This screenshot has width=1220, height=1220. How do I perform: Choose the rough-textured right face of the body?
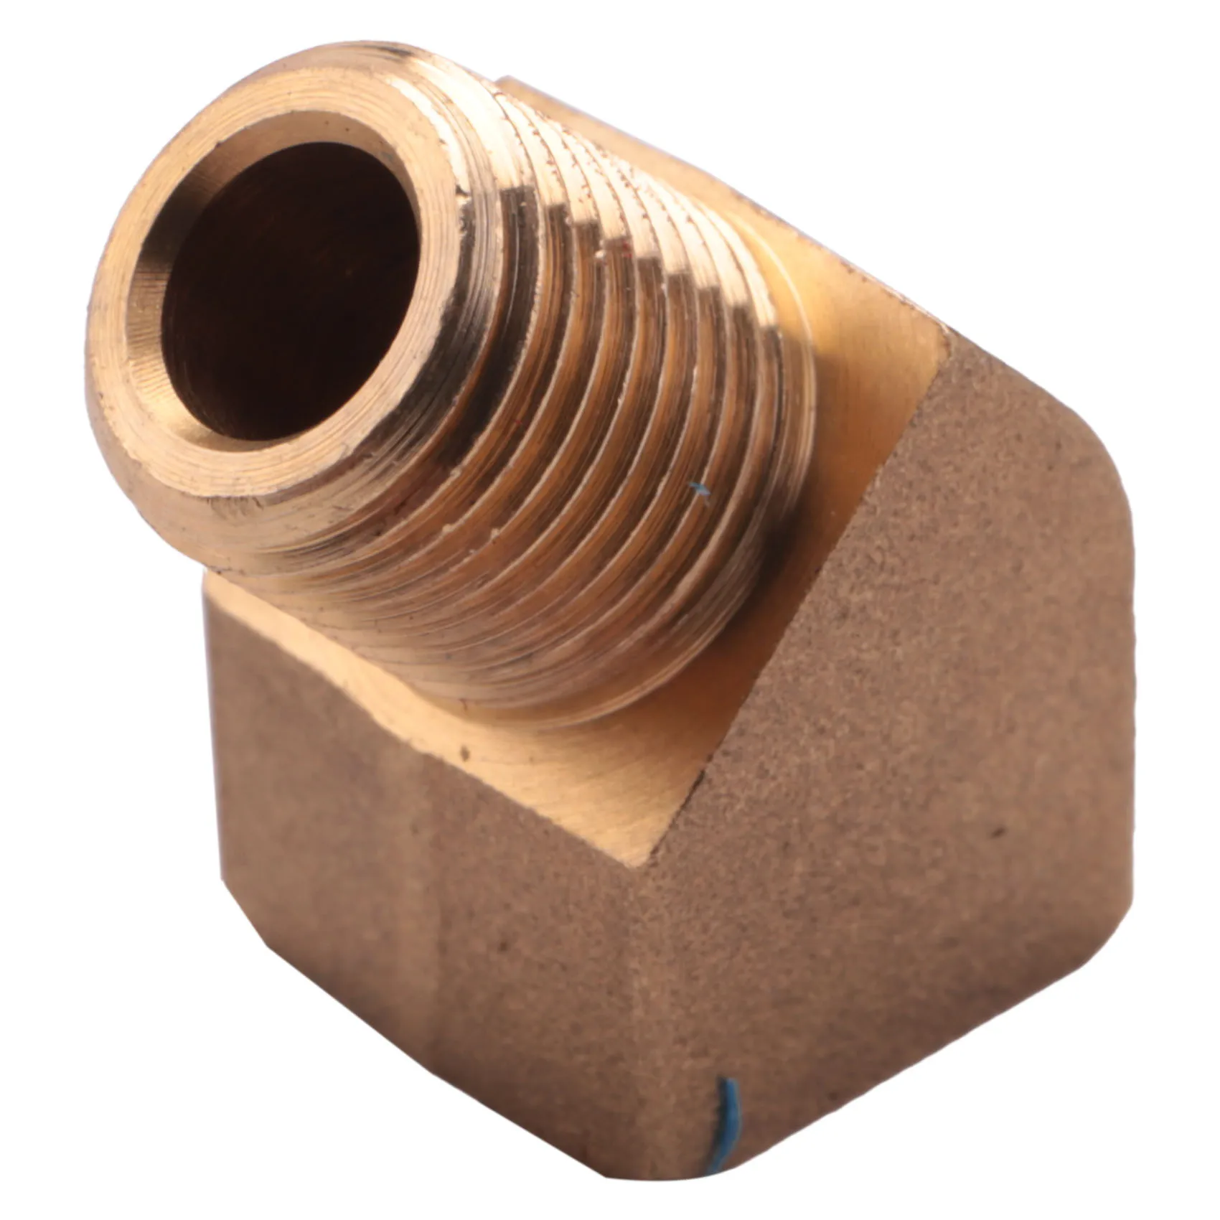pyautogui.click(x=897, y=718)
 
